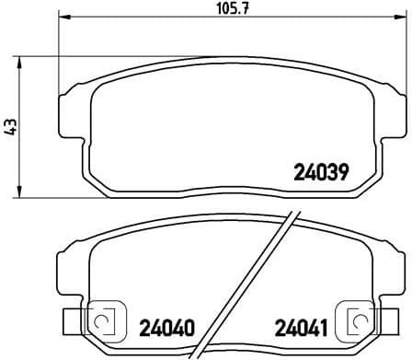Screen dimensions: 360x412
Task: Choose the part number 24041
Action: click(x=298, y=326)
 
